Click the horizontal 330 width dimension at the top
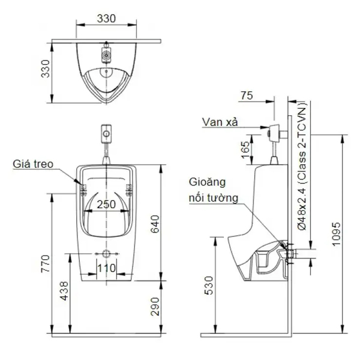(x=106, y=19)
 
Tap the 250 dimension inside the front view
(x=106, y=205)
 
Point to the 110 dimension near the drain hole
(x=106, y=268)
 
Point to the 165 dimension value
(x=245, y=148)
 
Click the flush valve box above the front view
(x=106, y=131)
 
